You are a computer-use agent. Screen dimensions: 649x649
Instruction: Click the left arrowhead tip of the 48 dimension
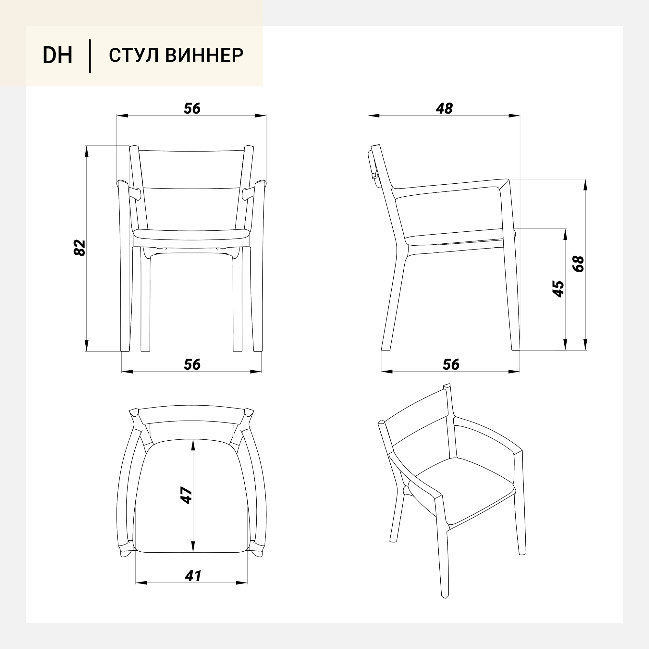click(368, 116)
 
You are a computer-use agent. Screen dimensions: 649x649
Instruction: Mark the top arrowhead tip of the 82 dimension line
click(86, 146)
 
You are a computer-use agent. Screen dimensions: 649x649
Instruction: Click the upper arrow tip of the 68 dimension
click(585, 179)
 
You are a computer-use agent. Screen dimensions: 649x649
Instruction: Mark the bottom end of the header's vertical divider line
click(90, 73)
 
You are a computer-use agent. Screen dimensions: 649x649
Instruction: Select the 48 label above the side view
click(444, 108)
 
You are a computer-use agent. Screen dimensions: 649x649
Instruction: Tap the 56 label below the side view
click(450, 364)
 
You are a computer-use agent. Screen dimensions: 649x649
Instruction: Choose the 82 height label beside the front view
click(80, 248)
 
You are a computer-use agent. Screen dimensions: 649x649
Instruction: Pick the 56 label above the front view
click(192, 108)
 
